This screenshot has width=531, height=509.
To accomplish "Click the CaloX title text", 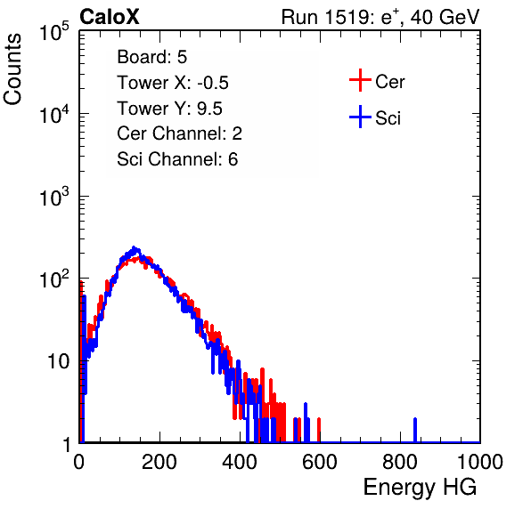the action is click(110, 17).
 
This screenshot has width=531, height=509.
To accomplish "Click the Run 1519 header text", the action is click(380, 17).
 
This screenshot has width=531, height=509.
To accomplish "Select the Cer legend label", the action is click(389, 82).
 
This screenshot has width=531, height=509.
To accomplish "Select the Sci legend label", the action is click(388, 117).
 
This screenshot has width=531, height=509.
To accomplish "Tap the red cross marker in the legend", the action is click(360, 80).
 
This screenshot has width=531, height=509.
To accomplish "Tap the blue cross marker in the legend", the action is click(360, 117).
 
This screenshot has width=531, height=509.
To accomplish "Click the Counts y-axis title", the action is click(12, 69).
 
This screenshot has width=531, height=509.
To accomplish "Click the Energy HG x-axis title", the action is click(420, 488).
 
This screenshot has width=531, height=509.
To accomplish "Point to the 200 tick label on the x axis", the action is click(159, 462).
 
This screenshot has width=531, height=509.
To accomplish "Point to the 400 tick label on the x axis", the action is click(240, 462).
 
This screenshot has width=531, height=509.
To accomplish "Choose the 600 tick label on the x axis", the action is click(320, 462).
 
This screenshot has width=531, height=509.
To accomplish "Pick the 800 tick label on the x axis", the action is click(400, 462).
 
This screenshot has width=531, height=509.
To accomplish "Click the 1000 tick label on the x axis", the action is click(480, 462).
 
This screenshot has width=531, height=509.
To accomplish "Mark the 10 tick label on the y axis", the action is click(58, 361).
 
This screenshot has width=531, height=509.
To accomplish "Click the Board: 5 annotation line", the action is click(152, 57).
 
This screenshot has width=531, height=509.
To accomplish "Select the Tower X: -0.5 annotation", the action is click(173, 83).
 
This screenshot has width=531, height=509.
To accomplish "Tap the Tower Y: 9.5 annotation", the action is click(169, 109).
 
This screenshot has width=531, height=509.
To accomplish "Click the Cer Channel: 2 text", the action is click(179, 133).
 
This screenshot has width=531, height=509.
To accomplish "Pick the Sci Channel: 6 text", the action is click(177, 159).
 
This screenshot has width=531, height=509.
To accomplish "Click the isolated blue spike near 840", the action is click(415, 430).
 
